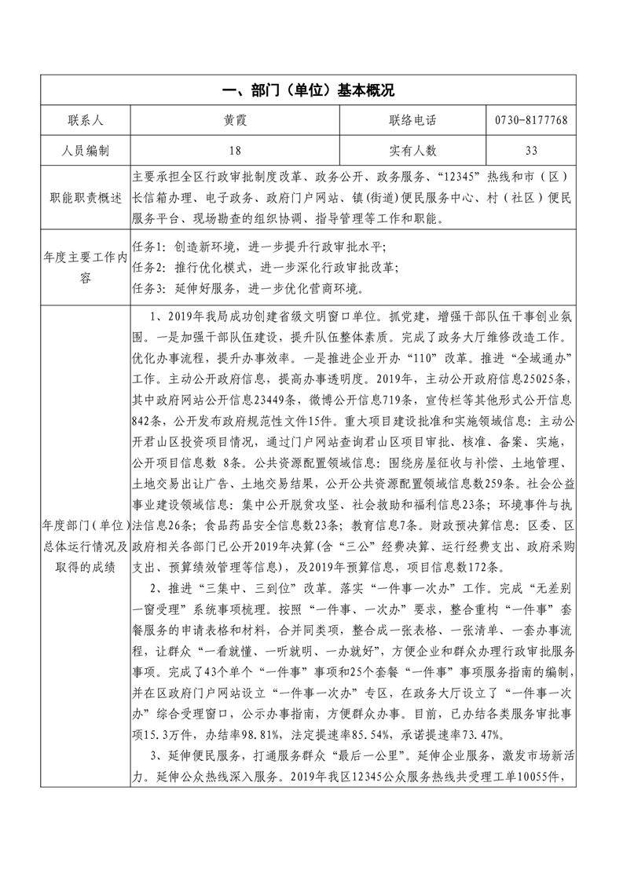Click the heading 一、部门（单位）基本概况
[x=311, y=90]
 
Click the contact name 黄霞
[x=234, y=121]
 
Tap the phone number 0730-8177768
[x=531, y=121]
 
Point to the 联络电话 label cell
[x=412, y=121]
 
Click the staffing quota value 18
[x=234, y=150]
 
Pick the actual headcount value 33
[x=531, y=150]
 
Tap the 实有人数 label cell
[x=412, y=150]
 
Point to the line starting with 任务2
[x=266, y=268]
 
